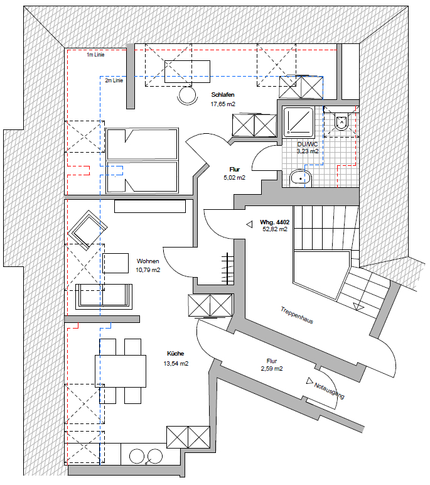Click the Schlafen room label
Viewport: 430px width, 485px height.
(223, 95)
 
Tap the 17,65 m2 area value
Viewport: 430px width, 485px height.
(223, 104)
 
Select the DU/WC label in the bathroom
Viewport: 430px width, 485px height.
(307, 144)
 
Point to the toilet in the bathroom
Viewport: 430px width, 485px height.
(341, 121)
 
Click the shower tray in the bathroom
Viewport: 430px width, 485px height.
(299, 122)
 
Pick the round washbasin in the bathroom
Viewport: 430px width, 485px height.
(301, 178)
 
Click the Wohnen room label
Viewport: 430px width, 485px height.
(148, 261)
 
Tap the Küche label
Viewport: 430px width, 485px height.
(175, 353)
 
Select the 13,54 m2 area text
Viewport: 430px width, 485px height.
(176, 364)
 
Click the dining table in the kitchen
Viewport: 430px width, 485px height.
(121, 371)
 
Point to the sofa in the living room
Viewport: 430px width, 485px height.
(104, 297)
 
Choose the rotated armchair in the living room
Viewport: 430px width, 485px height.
(87, 230)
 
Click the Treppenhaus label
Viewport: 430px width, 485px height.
(297, 315)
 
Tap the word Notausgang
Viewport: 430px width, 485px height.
(329, 391)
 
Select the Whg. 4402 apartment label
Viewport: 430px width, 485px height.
(274, 222)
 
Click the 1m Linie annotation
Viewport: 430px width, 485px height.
(95, 55)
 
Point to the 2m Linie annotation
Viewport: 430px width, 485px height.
(114, 80)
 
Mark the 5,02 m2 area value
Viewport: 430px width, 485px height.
(234, 178)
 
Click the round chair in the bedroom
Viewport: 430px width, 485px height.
(187, 95)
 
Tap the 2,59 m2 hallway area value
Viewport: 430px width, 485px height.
(271, 368)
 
